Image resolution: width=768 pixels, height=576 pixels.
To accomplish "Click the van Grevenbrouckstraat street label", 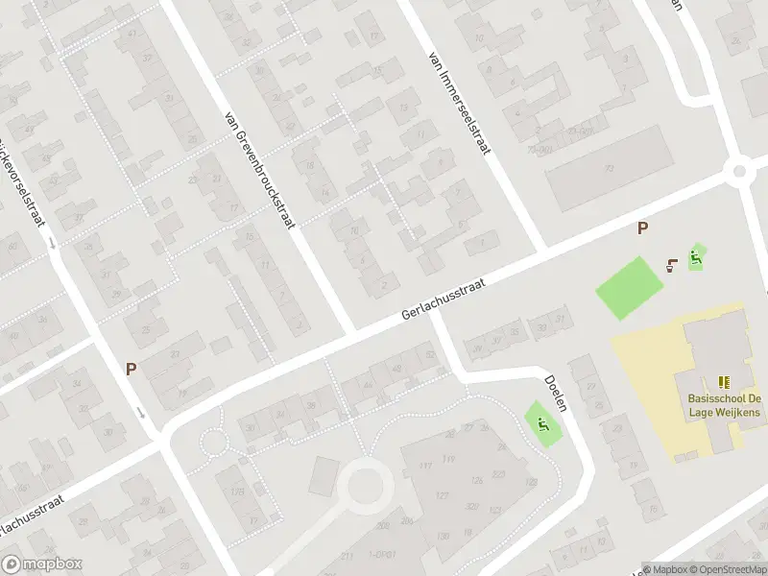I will click(259, 169).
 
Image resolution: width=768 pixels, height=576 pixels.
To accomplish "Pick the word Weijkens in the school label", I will click(737, 412).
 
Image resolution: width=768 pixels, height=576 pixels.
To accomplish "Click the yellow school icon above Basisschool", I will click(723, 381).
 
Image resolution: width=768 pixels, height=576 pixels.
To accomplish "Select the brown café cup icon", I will click(673, 262).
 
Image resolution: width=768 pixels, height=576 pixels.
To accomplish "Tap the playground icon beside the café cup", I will click(698, 256).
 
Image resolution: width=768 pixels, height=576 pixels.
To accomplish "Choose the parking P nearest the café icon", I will click(643, 228).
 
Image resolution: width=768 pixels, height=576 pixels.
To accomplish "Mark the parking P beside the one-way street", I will click(131, 368).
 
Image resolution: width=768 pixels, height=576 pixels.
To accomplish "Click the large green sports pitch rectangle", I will click(630, 289).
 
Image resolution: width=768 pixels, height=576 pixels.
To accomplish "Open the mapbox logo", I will click(40, 564).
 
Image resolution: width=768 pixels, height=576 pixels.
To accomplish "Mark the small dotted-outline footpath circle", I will click(212, 443).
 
